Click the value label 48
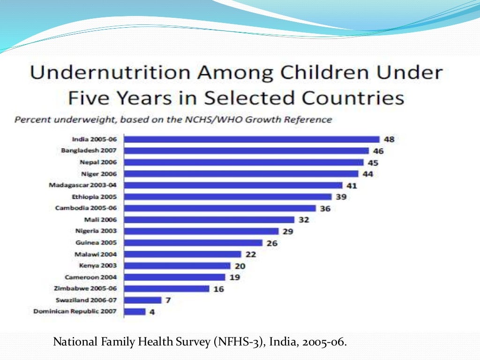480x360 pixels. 389,139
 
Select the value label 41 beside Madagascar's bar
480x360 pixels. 352,186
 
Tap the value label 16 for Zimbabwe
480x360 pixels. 218,289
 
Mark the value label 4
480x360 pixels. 152,312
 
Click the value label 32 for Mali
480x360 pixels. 304,219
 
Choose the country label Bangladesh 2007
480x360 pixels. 89,150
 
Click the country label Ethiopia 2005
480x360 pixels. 95,197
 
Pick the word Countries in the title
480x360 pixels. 352,98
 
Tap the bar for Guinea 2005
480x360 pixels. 193,243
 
